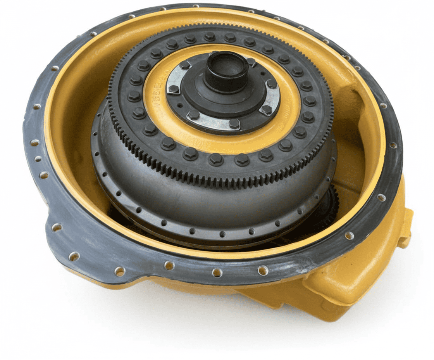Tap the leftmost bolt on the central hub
click(174, 89)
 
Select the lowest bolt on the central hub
click(234, 124)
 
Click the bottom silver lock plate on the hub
click(211, 122)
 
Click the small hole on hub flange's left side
click(180, 105)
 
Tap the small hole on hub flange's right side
click(263, 73)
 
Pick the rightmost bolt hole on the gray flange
click(393, 145)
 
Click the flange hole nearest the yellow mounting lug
click(381, 198)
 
